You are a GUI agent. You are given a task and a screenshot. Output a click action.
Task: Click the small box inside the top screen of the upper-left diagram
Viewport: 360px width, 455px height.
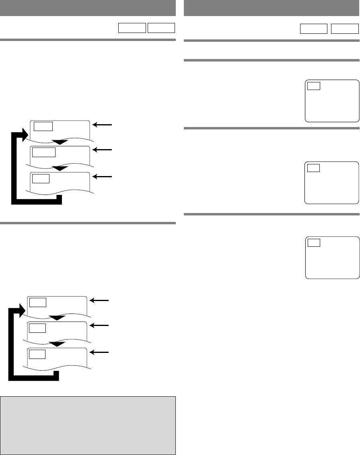(x=43, y=126)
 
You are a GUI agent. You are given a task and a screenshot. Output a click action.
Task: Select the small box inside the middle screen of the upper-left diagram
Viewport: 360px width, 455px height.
(x=44, y=152)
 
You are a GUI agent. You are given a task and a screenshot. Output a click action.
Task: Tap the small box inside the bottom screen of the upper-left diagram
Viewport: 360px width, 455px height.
(x=41, y=178)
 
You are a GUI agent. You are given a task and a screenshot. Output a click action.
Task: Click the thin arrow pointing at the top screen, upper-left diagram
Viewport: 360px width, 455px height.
(x=103, y=125)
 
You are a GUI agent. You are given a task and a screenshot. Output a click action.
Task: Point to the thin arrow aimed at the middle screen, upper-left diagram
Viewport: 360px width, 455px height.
(x=103, y=150)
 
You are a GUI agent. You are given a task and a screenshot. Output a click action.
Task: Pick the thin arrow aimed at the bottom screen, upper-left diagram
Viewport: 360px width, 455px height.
(x=103, y=176)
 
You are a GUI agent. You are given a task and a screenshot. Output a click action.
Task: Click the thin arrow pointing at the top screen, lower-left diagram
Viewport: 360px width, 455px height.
(x=99, y=300)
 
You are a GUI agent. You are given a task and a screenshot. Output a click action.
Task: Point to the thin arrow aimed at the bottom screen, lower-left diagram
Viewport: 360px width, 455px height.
(x=99, y=352)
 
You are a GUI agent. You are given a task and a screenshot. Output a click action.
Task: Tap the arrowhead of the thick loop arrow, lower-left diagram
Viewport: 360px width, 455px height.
(x=21, y=309)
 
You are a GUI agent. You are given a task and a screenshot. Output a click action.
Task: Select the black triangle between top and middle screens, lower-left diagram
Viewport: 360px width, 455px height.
(x=58, y=318)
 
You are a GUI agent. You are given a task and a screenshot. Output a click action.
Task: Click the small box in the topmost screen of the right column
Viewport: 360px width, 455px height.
(x=314, y=86)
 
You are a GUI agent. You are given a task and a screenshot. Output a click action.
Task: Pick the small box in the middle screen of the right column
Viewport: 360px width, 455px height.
(x=314, y=168)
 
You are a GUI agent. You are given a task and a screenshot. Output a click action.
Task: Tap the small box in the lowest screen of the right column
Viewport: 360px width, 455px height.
(x=314, y=242)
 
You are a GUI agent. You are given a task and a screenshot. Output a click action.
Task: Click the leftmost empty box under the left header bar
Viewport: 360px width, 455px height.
(x=132, y=28)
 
